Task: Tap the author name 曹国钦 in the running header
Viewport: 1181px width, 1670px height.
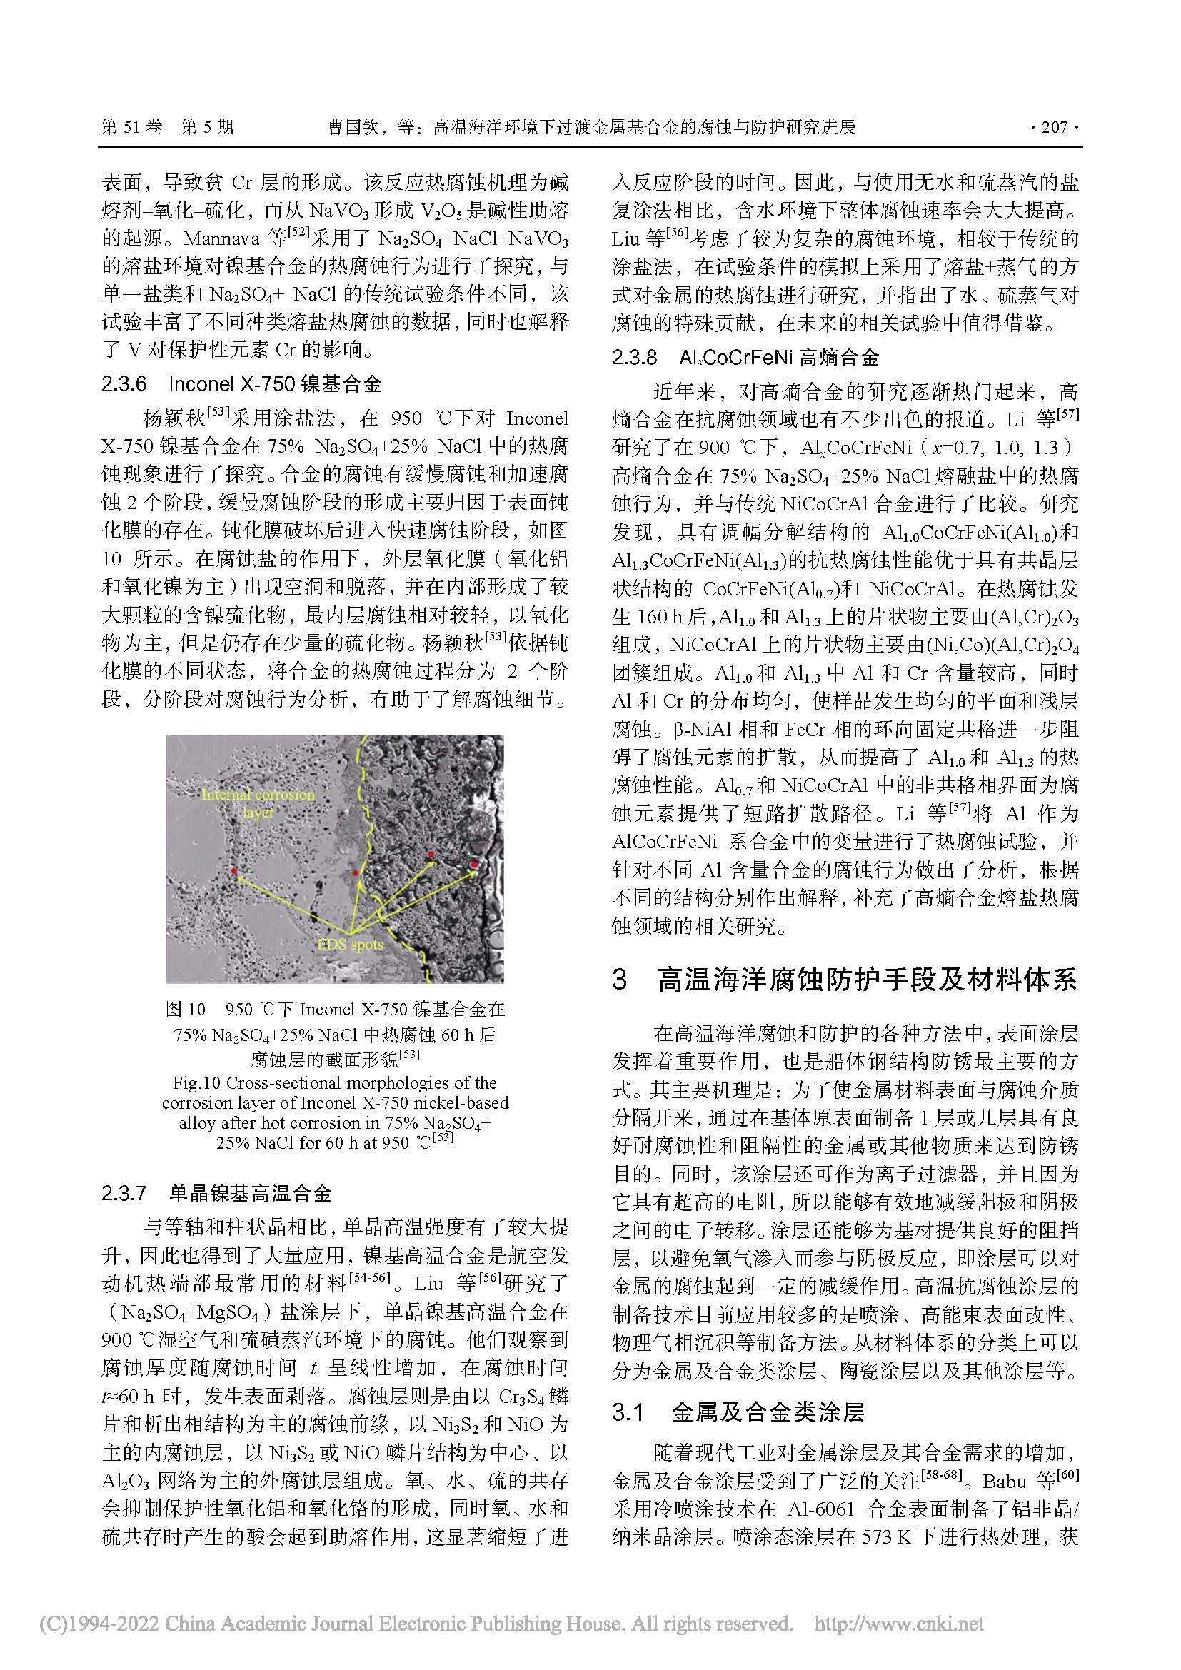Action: [352, 128]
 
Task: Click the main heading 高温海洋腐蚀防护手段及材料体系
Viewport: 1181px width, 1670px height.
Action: [865, 980]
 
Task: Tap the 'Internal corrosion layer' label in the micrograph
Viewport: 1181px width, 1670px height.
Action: [258, 803]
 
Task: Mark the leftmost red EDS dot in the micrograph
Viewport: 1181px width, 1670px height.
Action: [233, 870]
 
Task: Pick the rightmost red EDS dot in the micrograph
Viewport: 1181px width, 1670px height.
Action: [474, 864]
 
